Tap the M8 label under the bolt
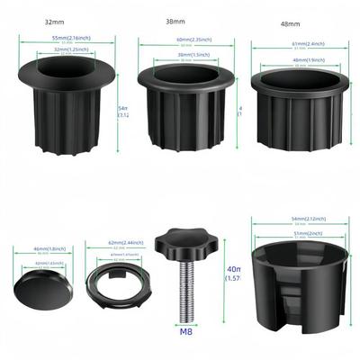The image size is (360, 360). click(187, 330)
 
